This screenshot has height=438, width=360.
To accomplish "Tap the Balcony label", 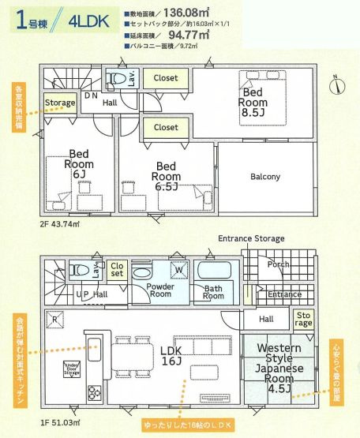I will [x=264, y=177].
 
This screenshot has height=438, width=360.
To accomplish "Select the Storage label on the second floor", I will [x=60, y=103].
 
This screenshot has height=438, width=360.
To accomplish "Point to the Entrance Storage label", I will [x=251, y=238].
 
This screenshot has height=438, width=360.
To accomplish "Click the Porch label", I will [x=277, y=264].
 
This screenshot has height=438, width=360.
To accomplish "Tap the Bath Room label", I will [x=214, y=292].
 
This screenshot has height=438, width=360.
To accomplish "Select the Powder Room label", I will [x=160, y=289].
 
